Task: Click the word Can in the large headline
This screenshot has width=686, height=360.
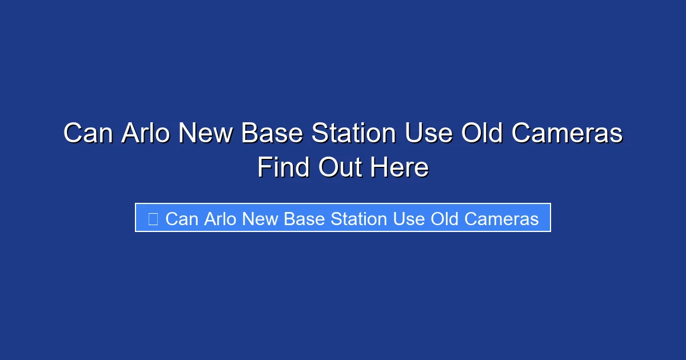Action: pyautogui.click(x=87, y=134)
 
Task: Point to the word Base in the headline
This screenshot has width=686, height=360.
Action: pyautogui.click(x=272, y=134)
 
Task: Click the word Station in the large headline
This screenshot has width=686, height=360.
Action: pyautogui.click(x=353, y=134)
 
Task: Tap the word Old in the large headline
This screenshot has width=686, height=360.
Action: pyautogui.click(x=482, y=134)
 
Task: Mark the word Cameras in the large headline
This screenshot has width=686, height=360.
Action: pyautogui.click(x=567, y=134)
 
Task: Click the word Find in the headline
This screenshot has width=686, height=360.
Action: pyautogui.click(x=283, y=168)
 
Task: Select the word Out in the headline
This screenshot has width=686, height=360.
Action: pyautogui.click(x=338, y=168)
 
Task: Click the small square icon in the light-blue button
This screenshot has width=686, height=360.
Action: pyautogui.click(x=153, y=219)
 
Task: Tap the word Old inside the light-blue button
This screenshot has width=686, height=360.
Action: pyautogui.click(x=442, y=219)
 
